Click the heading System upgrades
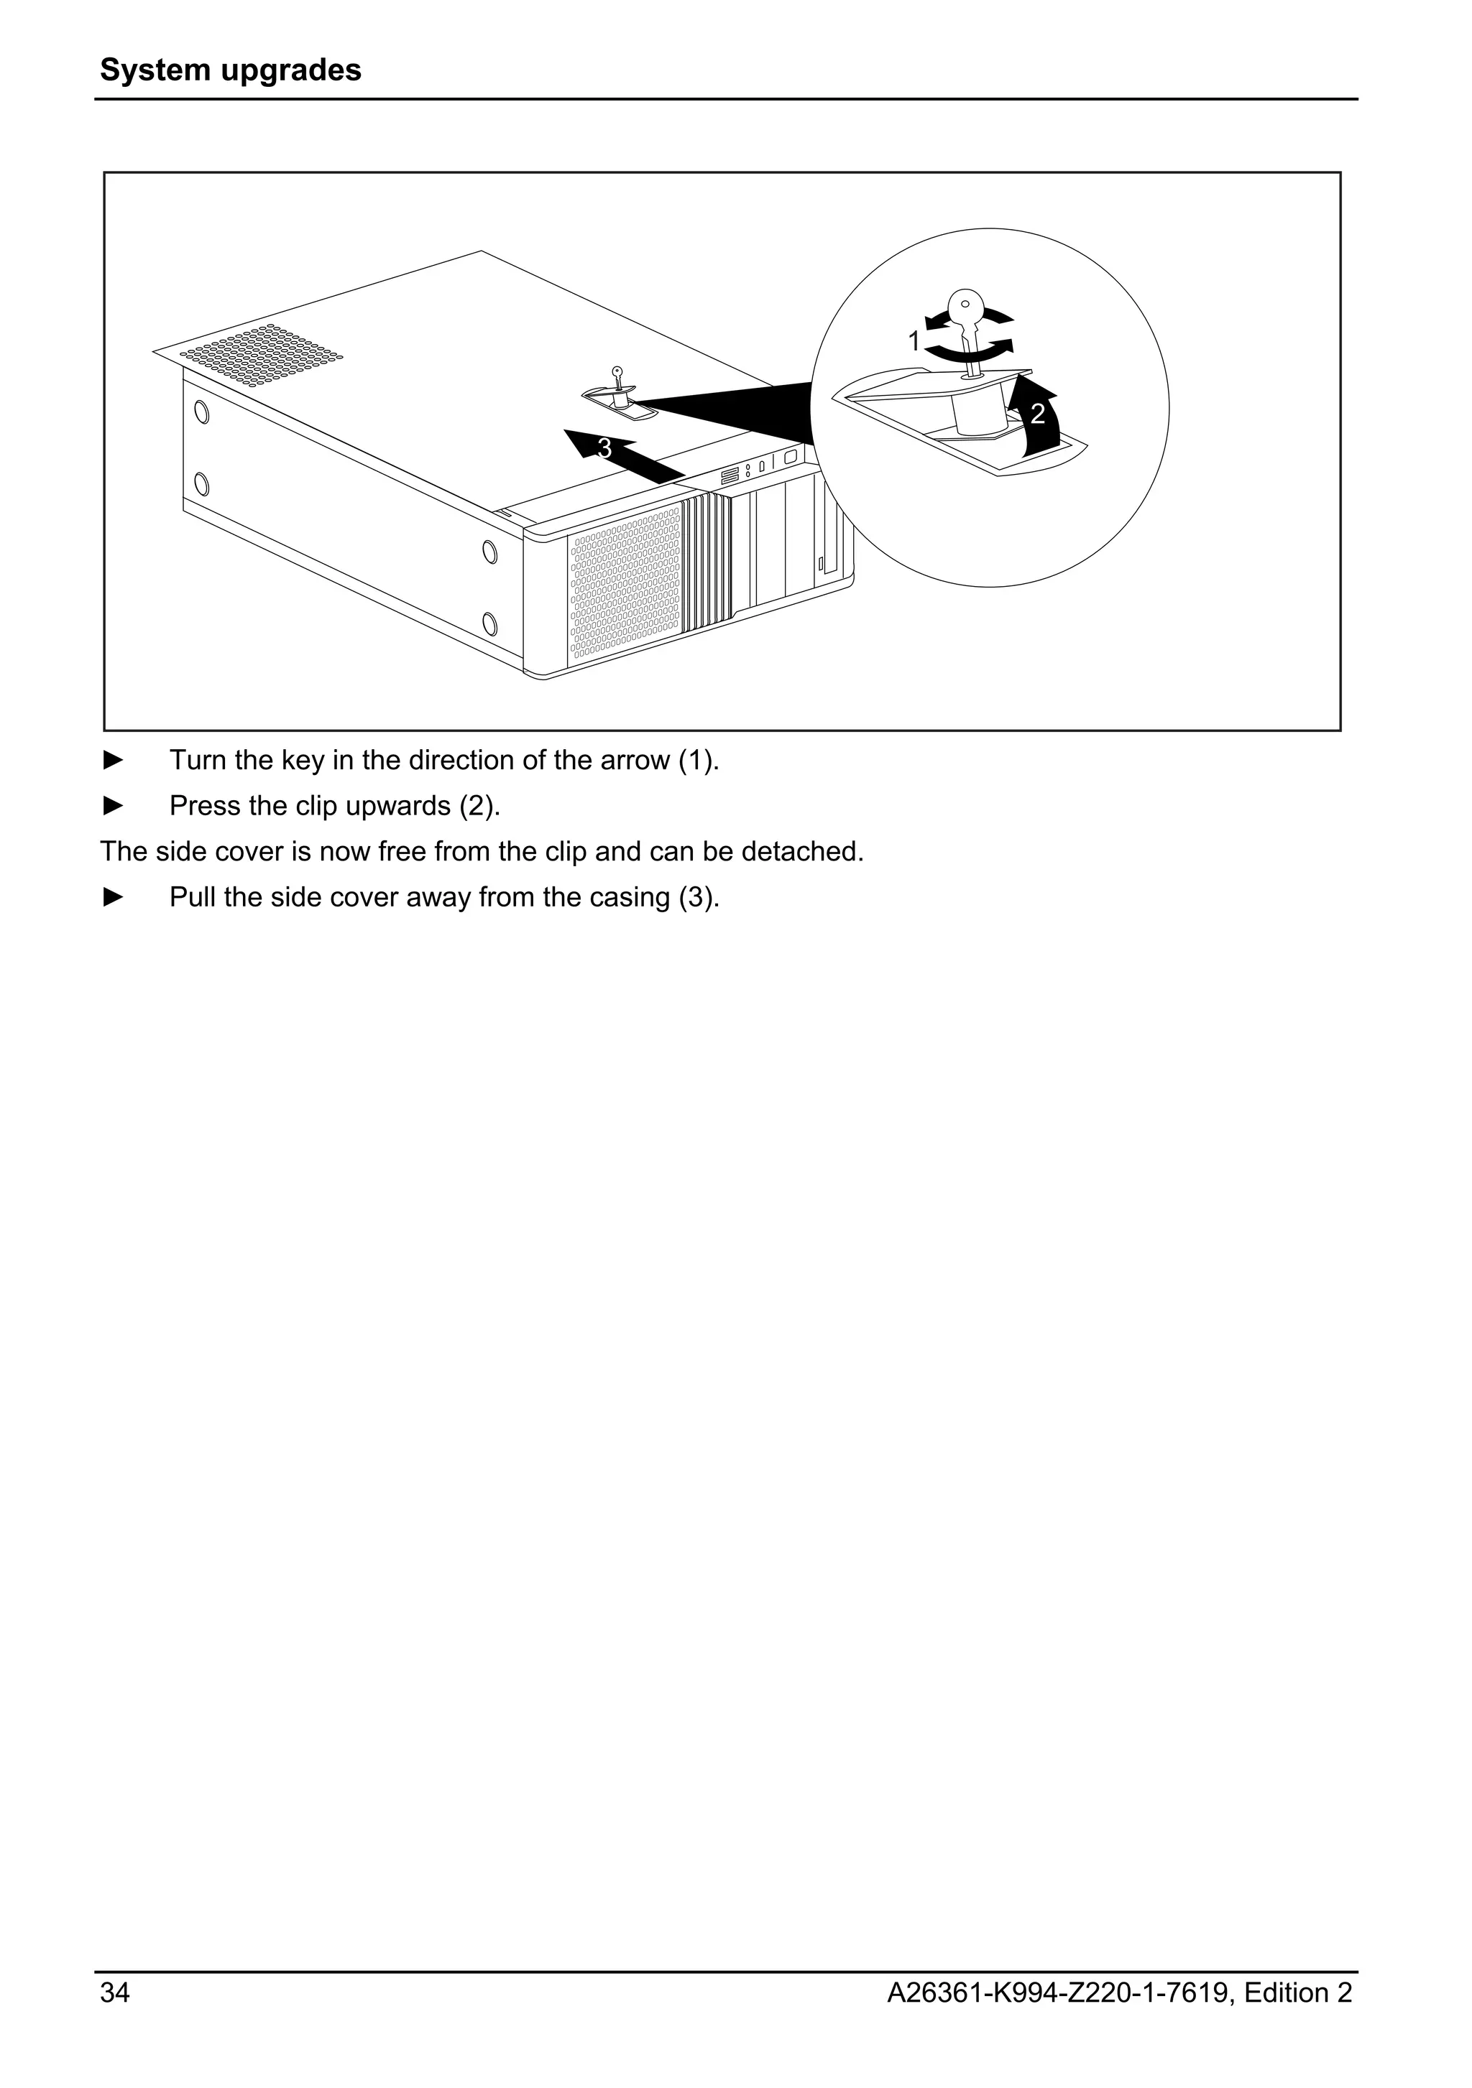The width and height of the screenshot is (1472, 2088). click(230, 70)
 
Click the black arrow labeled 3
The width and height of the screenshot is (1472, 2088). click(627, 455)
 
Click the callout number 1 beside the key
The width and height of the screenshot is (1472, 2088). click(914, 342)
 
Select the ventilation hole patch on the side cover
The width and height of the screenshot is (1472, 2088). click(261, 355)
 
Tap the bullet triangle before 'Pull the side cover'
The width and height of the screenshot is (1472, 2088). click(113, 896)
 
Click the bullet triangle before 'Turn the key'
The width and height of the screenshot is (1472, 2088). click(113, 760)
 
